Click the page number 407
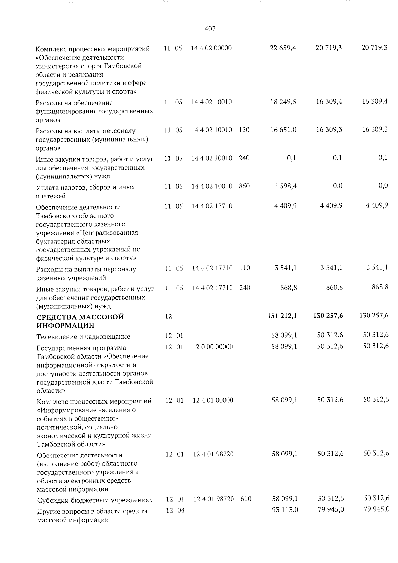[x=210, y=29]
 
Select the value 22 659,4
[x=283, y=48]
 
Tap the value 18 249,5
[x=283, y=102]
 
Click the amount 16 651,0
[x=283, y=130]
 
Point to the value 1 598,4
[x=285, y=186]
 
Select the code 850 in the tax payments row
[x=244, y=186]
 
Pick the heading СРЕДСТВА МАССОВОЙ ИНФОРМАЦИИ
[x=80, y=321]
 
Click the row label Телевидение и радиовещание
[x=83, y=337]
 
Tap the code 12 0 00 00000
[x=213, y=347]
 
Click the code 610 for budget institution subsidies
[x=246, y=499]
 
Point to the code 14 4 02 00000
[x=211, y=48]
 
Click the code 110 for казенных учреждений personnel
[x=244, y=268]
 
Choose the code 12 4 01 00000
[x=213, y=400]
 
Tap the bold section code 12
[x=168, y=316]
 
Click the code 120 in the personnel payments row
[x=244, y=130]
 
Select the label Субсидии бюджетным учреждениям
[x=96, y=500]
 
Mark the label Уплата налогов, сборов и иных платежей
[x=86, y=191]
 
